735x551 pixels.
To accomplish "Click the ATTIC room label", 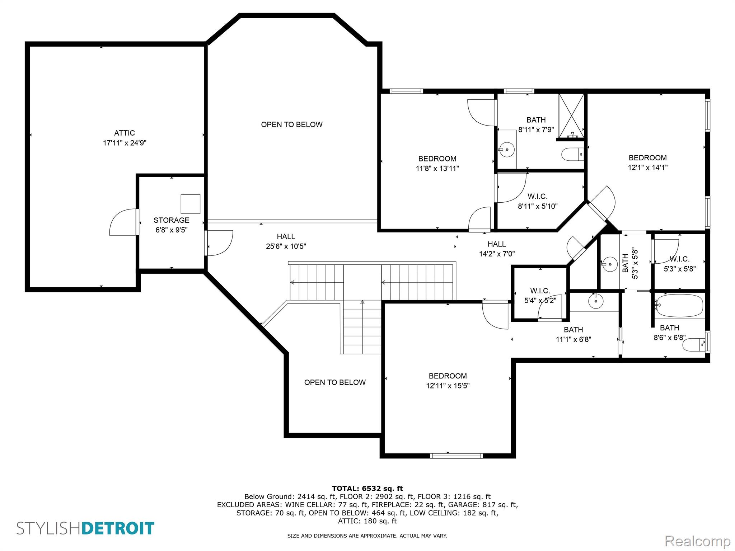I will point(125,133).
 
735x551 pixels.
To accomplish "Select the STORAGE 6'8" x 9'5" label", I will point(171,225).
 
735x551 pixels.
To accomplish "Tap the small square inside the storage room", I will point(190,204).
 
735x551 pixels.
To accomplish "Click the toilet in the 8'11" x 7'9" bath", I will point(572,155).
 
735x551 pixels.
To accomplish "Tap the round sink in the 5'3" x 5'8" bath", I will point(609,264).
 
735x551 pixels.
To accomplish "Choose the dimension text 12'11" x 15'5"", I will point(448,386).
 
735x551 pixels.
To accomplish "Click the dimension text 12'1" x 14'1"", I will point(647,168).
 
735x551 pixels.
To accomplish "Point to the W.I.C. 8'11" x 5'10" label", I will point(537,201).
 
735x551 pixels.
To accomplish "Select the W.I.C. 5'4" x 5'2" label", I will point(540,296).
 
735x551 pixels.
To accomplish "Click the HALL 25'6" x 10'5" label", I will point(286,241).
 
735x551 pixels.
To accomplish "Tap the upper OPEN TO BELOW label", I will point(291,124).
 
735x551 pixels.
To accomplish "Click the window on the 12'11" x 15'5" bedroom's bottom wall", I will point(456,456).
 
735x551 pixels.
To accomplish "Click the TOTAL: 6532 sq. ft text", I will point(367,488).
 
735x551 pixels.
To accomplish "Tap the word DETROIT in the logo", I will point(118,528).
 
